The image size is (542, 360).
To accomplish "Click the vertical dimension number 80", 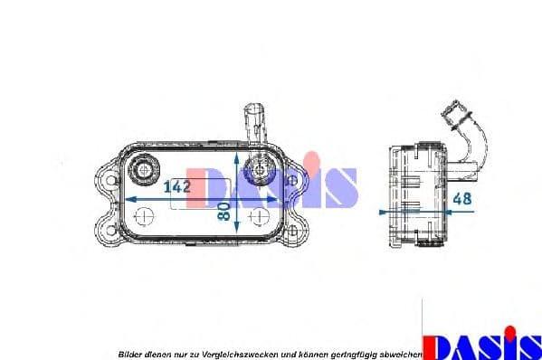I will point(223,212).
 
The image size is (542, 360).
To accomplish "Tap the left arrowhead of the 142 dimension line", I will point(126,198).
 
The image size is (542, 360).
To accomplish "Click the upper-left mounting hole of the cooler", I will point(111,180).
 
